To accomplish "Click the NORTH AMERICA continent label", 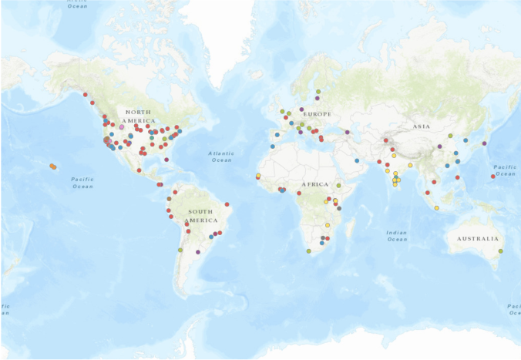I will (x=139, y=116).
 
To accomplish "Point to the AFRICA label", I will (x=314, y=184).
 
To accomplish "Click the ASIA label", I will (x=421, y=126).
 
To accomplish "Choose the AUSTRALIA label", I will (x=477, y=238).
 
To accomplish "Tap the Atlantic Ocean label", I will (x=221, y=156).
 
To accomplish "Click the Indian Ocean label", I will (x=397, y=235).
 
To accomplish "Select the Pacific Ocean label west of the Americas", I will (x=82, y=182).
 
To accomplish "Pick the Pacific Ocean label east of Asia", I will (x=505, y=170).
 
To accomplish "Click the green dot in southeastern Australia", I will (x=500, y=251).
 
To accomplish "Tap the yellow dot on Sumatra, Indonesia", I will (x=437, y=208).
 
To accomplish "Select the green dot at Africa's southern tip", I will (x=309, y=251).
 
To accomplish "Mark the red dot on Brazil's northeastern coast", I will (x=227, y=204).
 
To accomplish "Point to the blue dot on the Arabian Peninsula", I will (x=357, y=160).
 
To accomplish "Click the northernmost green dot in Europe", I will (x=318, y=92).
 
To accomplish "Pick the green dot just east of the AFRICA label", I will (x=338, y=186).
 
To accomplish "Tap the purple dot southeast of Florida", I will (x=166, y=160).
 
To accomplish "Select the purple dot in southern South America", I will (x=198, y=251).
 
